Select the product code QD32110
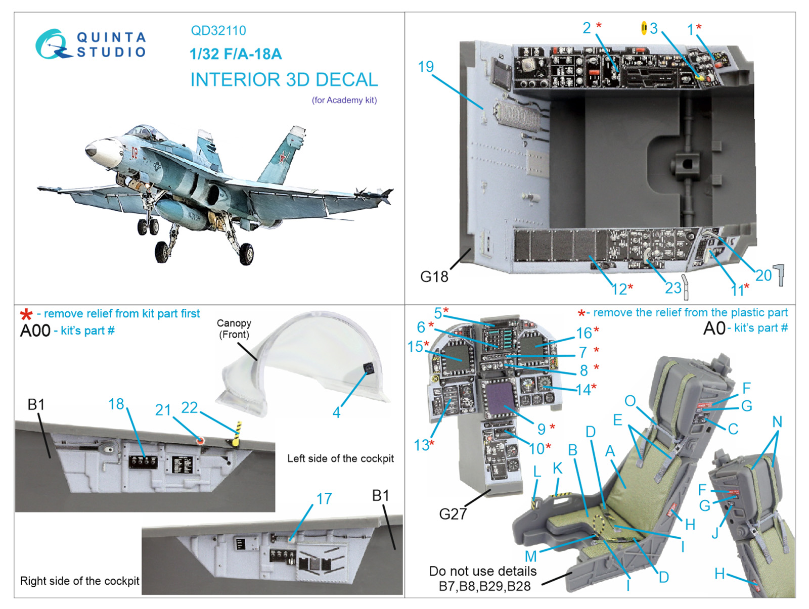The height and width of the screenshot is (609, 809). [x=218, y=31]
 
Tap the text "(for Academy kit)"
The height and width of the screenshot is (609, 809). [x=344, y=100]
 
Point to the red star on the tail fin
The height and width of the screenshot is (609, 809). [x=283, y=158]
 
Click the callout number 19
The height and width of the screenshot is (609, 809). [x=426, y=67]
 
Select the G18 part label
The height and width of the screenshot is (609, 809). [x=434, y=276]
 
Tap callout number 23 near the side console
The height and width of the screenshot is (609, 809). [x=673, y=288]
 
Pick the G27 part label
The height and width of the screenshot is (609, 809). [x=453, y=513]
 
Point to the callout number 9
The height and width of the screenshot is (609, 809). [x=541, y=429]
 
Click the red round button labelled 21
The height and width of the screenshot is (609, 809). [x=200, y=440]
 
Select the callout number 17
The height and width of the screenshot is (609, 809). [x=324, y=498]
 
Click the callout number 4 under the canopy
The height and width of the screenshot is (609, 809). [x=337, y=412]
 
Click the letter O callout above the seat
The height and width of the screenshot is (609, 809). [x=630, y=400]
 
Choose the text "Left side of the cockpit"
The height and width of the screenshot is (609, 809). [x=340, y=458]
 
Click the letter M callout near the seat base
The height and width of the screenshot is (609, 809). [x=531, y=556]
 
